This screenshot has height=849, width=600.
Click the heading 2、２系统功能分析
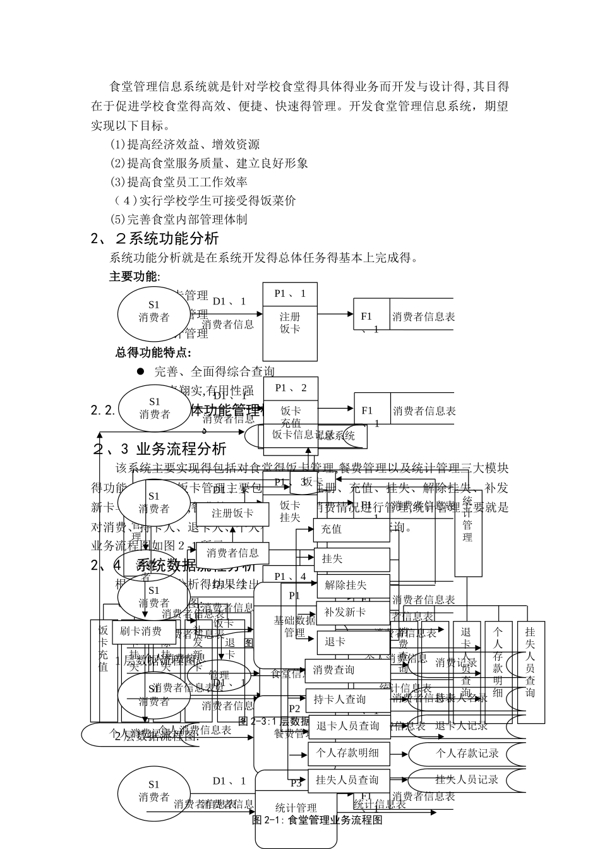pos(155,239)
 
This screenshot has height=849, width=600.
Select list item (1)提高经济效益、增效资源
pos(184,144)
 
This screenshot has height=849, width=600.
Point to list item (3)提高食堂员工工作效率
pos(179,182)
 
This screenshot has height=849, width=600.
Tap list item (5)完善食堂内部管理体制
pos(179,220)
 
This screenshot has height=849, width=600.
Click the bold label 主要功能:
pos(135,277)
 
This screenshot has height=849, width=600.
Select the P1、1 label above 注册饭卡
pos(290,294)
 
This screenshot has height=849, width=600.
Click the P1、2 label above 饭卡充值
pos(290,388)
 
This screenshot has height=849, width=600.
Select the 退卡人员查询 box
pos(348,726)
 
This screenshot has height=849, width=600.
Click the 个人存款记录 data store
pos(467,753)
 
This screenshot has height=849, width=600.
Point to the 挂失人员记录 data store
pos(467,780)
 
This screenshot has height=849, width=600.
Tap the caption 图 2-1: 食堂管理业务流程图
pos(317,820)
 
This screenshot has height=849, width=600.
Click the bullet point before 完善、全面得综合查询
pos(141,371)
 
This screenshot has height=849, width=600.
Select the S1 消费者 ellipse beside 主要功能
pos(153,311)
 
